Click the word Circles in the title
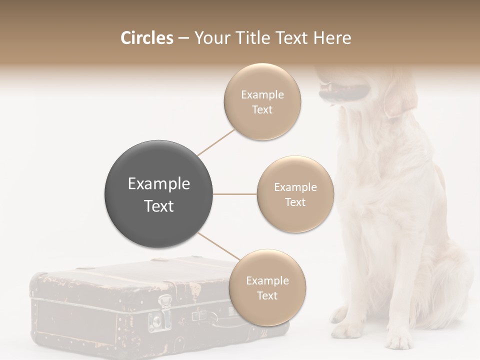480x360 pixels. pyautogui.click(x=147, y=38)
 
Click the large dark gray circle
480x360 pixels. pyautogui.click(x=158, y=194)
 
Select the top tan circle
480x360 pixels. pyautogui.click(x=262, y=101)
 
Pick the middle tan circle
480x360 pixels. pyautogui.click(x=295, y=194)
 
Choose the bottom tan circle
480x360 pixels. pyautogui.click(x=267, y=287)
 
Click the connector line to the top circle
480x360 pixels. pyautogui.click(x=216, y=142)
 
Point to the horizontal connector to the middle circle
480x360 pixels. pyautogui.click(x=235, y=194)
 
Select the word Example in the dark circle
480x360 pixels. pyautogui.click(x=158, y=184)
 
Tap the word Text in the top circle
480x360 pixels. pyautogui.click(x=262, y=109)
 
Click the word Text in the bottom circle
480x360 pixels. pyautogui.click(x=267, y=295)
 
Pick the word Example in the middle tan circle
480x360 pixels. pyautogui.click(x=295, y=187)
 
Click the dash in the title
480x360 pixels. pyautogui.click(x=183, y=38)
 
